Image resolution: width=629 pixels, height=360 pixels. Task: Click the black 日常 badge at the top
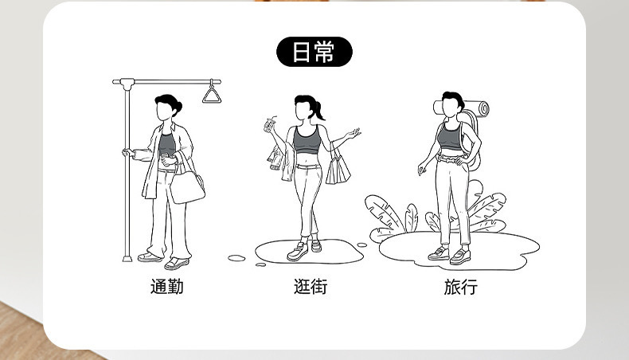[314, 52]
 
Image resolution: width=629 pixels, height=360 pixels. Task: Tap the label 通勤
[167, 287]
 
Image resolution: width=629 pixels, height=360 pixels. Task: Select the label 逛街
[311, 287]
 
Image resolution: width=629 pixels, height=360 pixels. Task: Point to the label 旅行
[460, 287]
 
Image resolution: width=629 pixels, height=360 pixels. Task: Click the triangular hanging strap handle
[212, 96]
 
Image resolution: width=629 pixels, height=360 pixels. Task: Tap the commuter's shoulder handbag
[186, 187]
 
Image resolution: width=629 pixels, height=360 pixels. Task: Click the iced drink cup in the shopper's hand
[268, 125]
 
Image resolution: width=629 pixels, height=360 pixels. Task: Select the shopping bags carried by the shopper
[338, 170]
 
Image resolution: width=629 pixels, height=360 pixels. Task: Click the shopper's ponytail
[319, 111]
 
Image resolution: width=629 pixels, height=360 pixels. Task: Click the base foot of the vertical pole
[127, 258]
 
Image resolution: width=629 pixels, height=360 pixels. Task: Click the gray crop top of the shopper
[307, 139]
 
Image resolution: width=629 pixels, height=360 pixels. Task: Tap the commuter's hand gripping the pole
[128, 153]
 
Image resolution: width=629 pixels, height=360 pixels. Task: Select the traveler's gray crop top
[450, 137]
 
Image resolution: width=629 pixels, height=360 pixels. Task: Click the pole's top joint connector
[127, 83]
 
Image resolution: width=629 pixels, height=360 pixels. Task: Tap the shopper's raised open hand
[353, 133]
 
